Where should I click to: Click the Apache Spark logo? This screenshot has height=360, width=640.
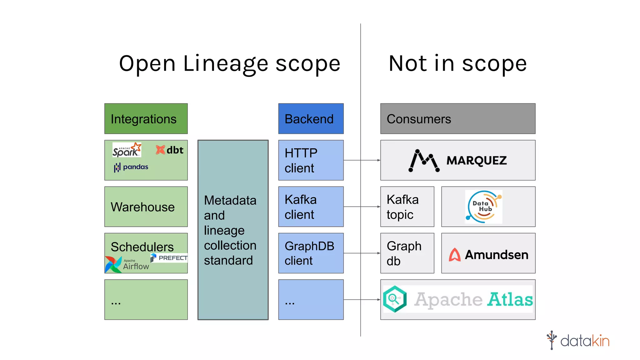127,150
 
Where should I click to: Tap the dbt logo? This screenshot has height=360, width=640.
169,150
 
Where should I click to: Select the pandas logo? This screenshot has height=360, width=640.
131,167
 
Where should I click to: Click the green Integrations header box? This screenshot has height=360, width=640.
146,119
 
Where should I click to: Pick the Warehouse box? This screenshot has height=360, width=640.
146,207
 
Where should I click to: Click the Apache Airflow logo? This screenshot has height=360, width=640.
127,264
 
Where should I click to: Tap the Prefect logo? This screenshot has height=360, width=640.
169,258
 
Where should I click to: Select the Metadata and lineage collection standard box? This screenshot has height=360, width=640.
233,230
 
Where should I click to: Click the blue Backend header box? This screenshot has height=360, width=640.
311,119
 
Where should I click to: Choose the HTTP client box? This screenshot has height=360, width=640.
311,160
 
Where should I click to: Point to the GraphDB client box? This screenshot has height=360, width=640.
311,253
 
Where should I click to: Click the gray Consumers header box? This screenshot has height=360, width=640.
457,119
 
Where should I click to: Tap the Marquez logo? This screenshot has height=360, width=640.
457,160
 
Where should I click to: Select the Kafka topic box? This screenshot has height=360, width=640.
407,207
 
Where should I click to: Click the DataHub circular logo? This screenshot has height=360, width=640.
483,207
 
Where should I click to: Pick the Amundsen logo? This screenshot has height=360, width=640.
488,254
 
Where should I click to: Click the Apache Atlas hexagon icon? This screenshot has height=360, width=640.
395,299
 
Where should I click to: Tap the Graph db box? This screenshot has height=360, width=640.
407,253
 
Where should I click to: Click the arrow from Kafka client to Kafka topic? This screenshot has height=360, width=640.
362,207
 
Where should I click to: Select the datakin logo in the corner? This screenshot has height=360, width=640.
578,340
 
